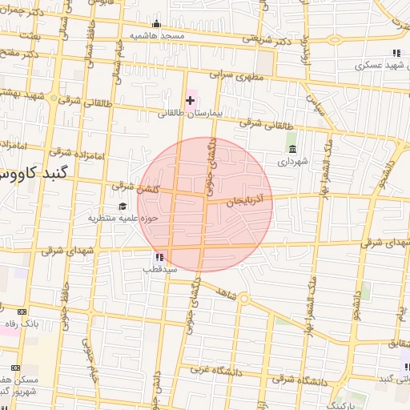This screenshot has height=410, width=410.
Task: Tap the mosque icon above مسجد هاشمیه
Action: tap(156, 23)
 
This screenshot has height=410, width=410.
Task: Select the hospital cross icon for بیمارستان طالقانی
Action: tap(190, 100)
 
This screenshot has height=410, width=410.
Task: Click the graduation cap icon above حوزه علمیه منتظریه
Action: tap(122, 206)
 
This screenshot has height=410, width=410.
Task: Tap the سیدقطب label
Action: tap(159, 269)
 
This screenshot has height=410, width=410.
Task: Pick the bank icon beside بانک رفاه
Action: tap(20, 311)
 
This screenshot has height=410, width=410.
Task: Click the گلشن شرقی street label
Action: tap(134, 186)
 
